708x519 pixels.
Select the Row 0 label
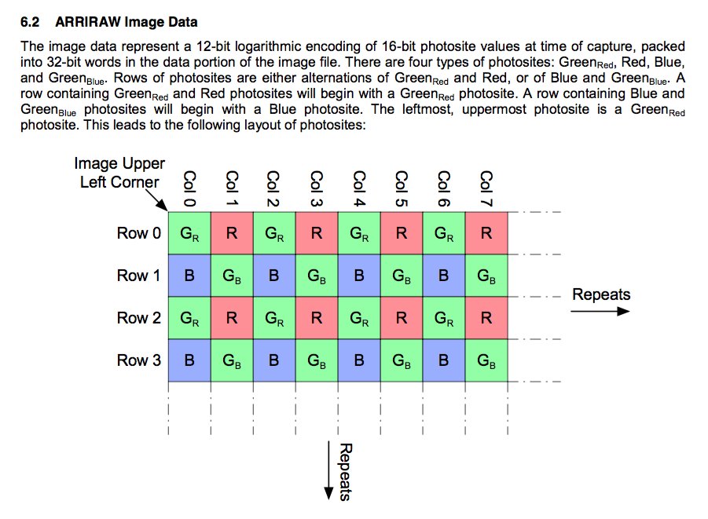138,233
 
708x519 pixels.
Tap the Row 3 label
138,360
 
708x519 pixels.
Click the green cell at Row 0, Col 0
189,233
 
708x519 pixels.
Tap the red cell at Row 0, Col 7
486,233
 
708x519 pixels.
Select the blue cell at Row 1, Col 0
189,276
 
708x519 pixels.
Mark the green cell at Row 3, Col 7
486,360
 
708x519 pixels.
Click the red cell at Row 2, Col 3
316,318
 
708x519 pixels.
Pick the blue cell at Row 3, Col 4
358,360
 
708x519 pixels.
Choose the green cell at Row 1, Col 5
401,276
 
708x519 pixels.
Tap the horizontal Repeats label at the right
601,294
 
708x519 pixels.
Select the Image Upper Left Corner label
119,173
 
